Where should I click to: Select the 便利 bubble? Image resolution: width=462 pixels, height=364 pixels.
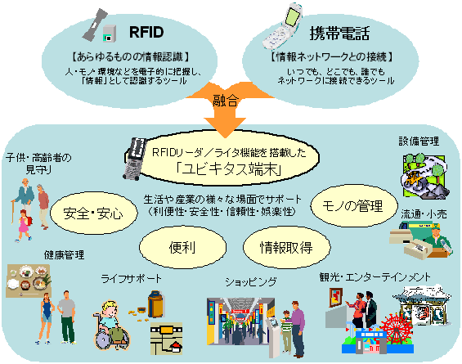[x=177, y=245]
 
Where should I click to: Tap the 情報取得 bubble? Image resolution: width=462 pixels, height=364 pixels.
[x=283, y=245]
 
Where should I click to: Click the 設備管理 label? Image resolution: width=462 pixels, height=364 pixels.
[x=418, y=142]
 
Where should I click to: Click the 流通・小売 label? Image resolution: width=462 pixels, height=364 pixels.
[x=420, y=213]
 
